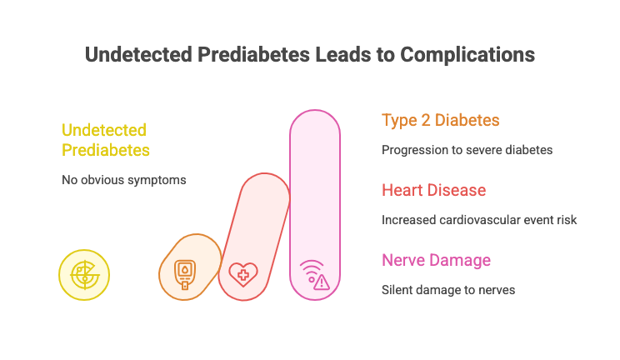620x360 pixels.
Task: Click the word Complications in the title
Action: (467, 55)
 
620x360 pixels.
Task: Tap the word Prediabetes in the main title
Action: (253, 55)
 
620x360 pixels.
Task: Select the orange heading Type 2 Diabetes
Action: (441, 121)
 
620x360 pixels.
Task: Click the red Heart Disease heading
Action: (434, 190)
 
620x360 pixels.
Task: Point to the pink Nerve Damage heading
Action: (436, 260)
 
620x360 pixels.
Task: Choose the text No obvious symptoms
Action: (124, 180)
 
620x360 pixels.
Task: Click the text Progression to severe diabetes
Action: (467, 150)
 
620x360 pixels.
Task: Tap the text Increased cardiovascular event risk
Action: (479, 220)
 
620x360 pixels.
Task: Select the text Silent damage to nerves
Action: (448, 290)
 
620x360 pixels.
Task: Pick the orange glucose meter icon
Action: (185, 274)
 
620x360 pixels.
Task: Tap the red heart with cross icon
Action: (243, 274)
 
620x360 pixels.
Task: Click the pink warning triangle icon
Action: (322, 282)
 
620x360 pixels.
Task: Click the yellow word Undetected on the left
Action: (104, 130)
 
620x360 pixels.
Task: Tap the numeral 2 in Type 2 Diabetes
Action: (426, 120)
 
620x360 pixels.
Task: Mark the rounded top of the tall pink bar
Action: (315, 110)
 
